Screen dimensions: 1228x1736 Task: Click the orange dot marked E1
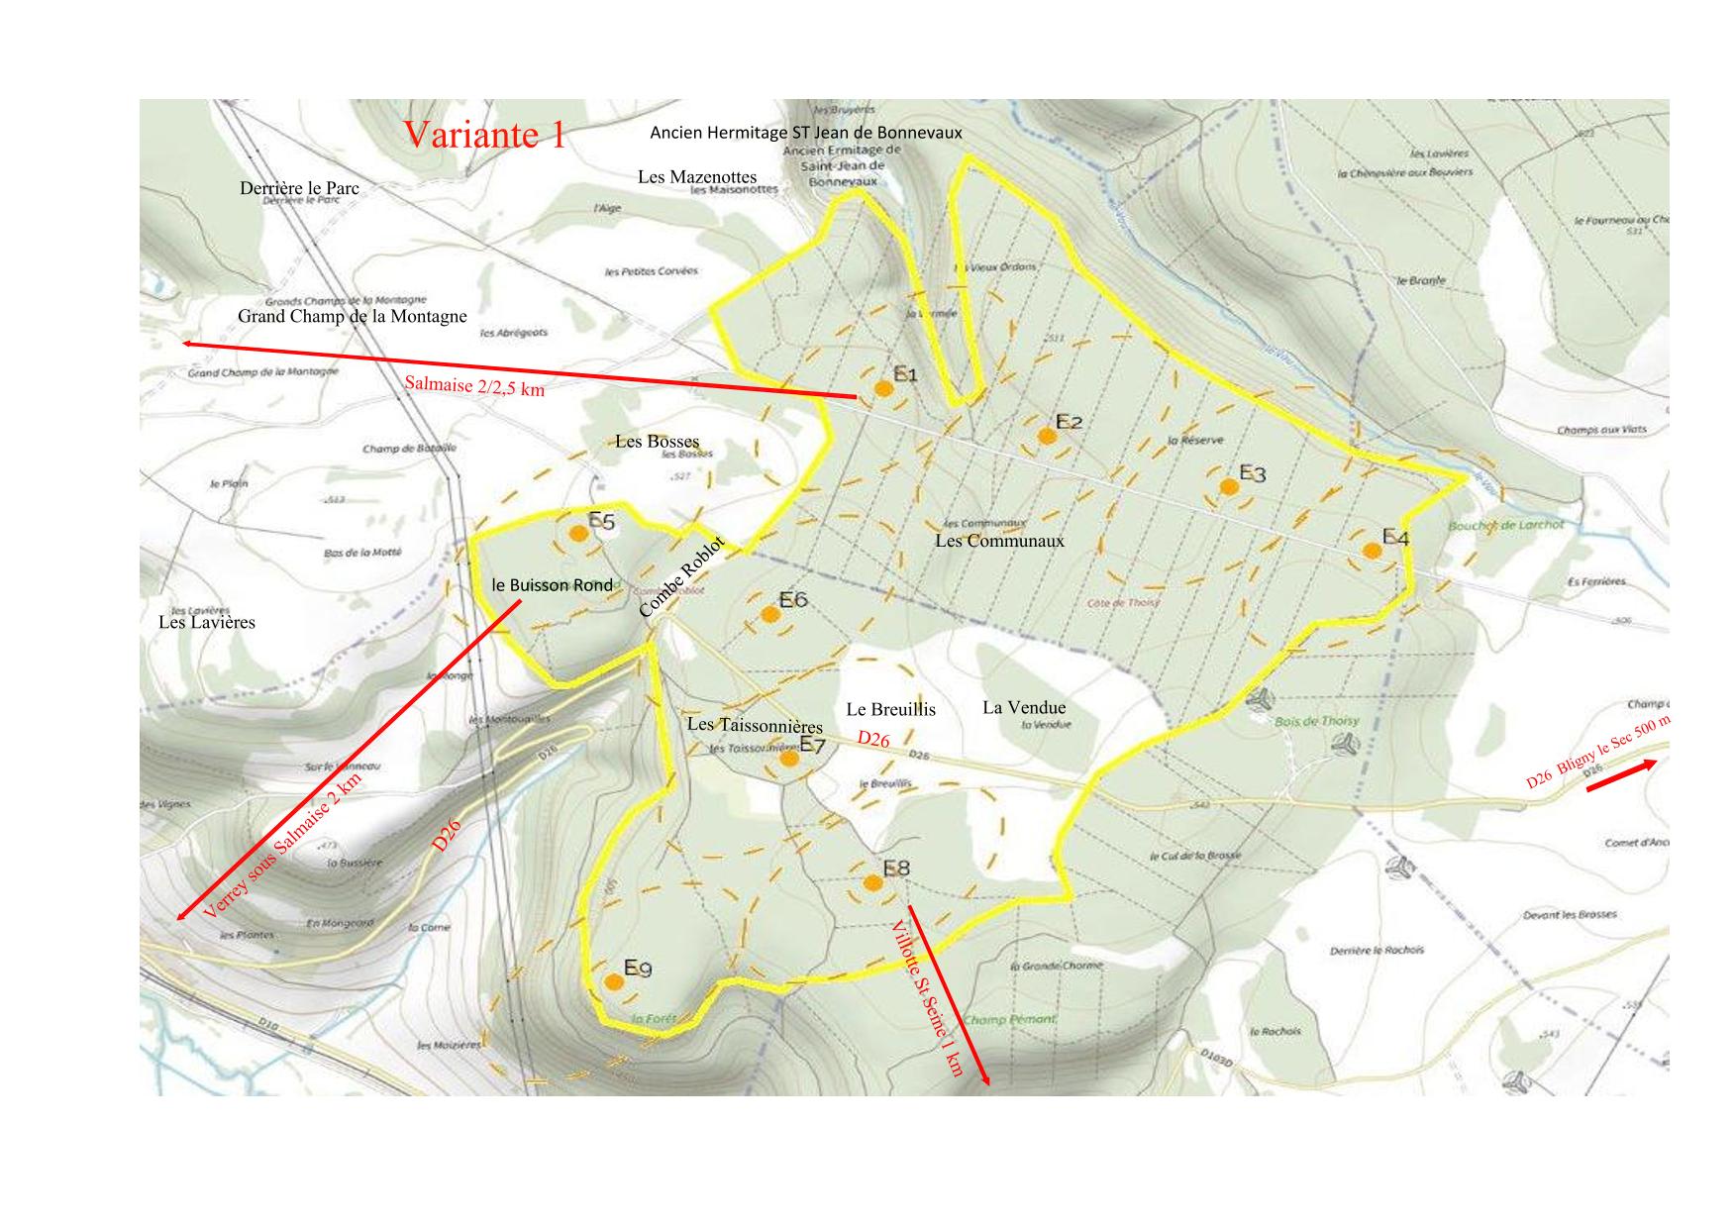(884, 389)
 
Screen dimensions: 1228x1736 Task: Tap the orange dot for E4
(1372, 551)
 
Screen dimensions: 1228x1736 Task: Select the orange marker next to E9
(614, 982)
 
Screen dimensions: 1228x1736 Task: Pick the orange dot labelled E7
(789, 759)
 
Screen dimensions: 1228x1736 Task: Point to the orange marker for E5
(579, 534)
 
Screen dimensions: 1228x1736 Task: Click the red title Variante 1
(484, 135)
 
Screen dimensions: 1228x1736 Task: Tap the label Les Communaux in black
(999, 541)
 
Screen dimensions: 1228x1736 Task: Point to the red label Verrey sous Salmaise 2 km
(283, 846)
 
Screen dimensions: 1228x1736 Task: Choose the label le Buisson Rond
(553, 585)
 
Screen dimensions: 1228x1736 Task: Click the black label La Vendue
(1024, 707)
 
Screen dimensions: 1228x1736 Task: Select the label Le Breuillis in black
(890, 709)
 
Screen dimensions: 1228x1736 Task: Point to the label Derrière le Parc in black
(299, 188)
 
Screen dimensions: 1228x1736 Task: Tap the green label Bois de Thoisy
(1317, 721)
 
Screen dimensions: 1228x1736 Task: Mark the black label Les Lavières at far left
(207, 623)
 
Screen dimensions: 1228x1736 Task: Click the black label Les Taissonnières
(755, 726)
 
